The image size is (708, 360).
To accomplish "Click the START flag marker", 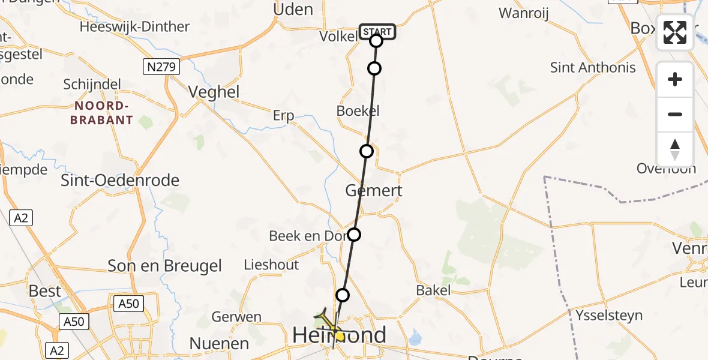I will point(377,31).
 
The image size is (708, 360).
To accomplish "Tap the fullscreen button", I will point(675,32).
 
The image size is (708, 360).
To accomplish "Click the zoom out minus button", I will point(675,114).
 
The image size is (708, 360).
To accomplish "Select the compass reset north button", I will point(675,149).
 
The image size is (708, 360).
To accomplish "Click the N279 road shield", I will point(162,67).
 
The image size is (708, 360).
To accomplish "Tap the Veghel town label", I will point(214,92).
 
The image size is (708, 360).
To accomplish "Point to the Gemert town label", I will point(373,191).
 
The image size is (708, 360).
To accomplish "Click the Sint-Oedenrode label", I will point(120,180).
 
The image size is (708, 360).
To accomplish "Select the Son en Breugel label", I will point(164,266).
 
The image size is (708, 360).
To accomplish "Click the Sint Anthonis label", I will point(593,67).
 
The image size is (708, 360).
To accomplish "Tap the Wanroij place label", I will point(524,13).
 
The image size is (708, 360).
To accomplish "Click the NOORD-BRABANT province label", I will point(101,113).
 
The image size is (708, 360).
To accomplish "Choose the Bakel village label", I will point(433,290).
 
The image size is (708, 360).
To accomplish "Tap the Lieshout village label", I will point(271,265).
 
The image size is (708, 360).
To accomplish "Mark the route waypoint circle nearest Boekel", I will point(367,151).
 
